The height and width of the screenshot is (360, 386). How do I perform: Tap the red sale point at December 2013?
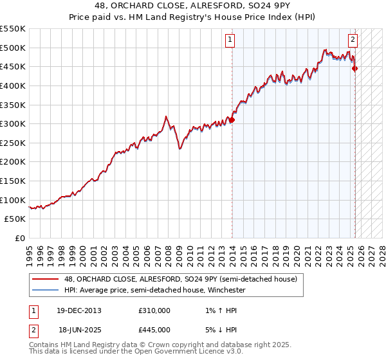(x=232, y=120)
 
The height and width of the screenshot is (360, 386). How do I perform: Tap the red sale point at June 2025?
(x=355, y=68)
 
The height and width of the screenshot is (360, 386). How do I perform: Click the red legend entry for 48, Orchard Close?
(x=180, y=279)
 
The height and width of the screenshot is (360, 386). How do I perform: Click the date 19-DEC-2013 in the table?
(x=79, y=310)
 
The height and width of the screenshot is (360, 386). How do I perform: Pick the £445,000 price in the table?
(x=154, y=329)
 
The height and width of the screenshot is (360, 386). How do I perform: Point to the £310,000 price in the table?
(x=154, y=310)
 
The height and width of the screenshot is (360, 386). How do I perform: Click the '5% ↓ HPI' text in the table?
(x=219, y=329)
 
